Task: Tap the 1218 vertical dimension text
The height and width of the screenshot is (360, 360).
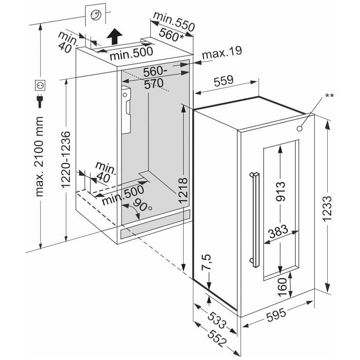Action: coord(187,191)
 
